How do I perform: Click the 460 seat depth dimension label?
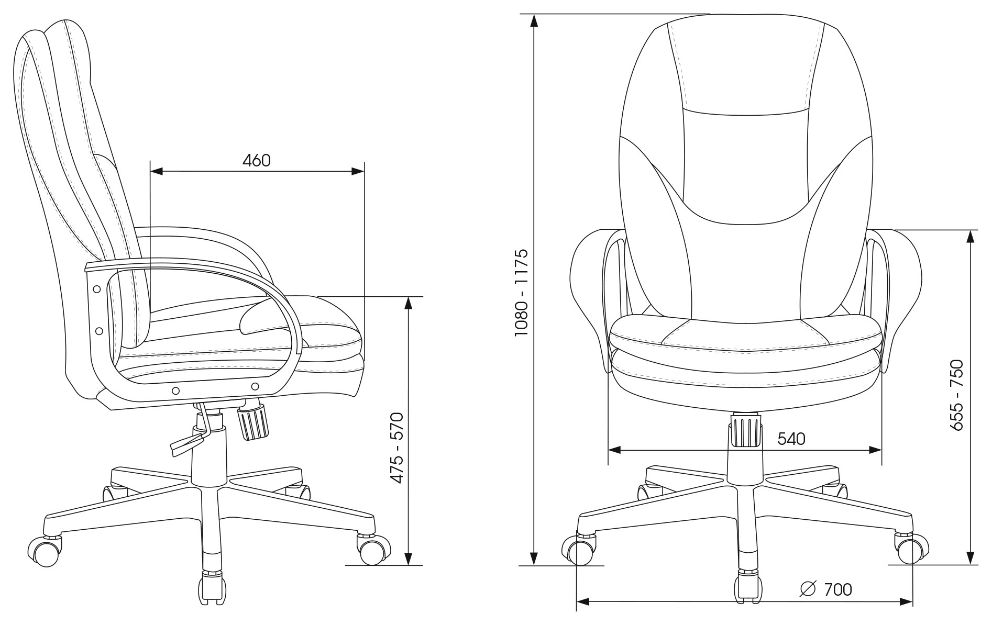click(x=257, y=160)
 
